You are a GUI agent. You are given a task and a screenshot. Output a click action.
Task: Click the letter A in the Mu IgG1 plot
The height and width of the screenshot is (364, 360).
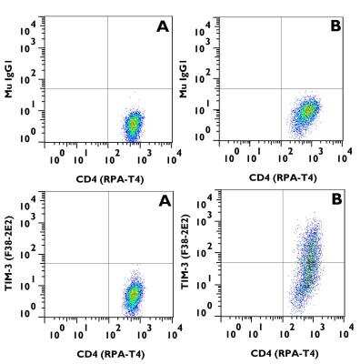(x=163, y=28)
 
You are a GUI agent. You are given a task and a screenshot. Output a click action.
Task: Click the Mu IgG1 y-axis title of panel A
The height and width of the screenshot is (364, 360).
(x=8, y=75)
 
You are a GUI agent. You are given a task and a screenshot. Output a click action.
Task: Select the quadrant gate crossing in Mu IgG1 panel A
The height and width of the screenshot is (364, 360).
(x=108, y=88)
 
